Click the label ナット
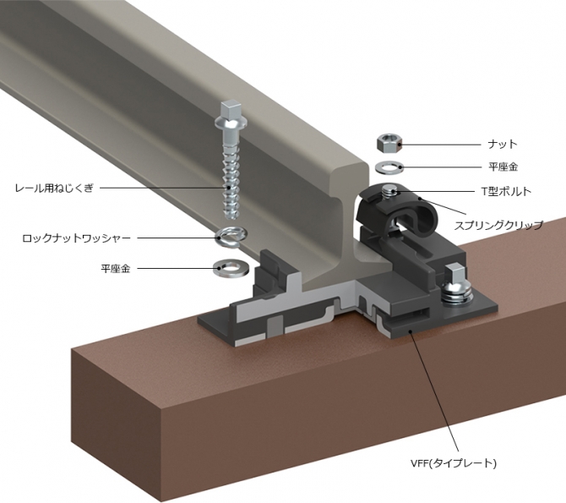503,145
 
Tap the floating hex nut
389,144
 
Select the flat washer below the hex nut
389,167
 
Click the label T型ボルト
507,191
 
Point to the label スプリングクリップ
498,225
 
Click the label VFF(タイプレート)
453,463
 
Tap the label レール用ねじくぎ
54,188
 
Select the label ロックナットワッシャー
76,238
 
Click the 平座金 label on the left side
115,269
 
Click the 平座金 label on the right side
503,167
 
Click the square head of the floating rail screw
230,108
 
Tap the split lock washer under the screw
231,238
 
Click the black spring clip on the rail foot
397,210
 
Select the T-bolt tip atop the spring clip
390,189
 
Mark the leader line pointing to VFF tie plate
434,391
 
